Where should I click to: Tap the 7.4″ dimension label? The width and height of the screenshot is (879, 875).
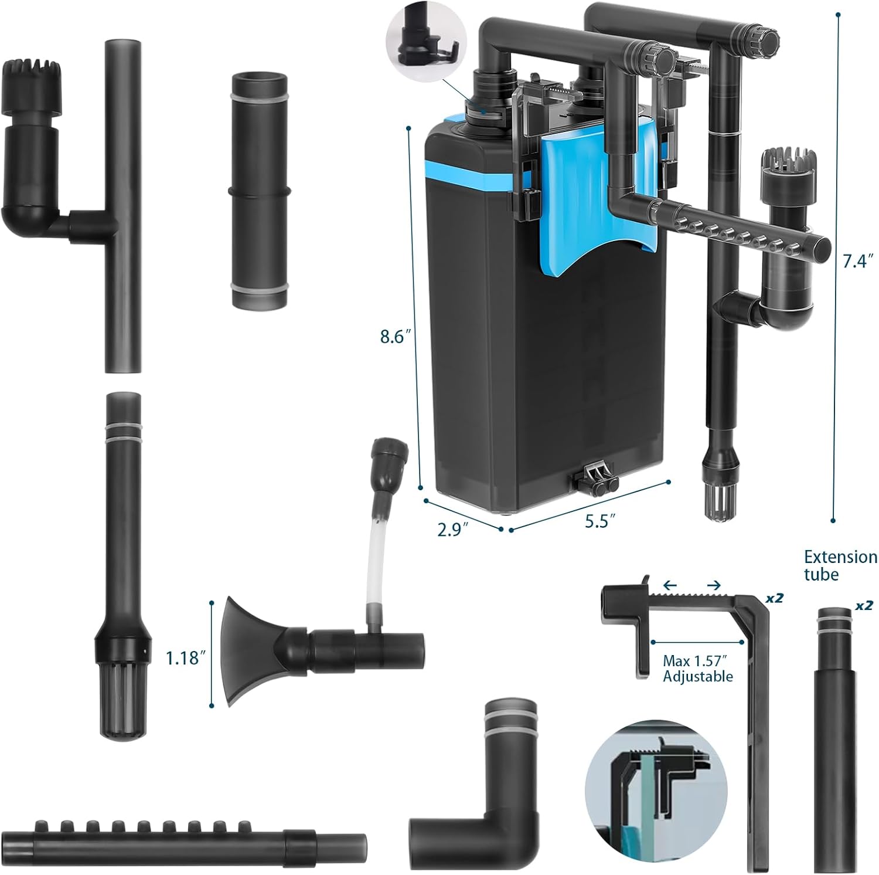coord(857,261)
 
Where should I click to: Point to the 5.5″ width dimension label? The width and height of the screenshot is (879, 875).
coord(600,521)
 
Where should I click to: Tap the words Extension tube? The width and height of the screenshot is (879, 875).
coord(840,565)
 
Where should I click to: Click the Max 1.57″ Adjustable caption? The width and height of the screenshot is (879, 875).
coord(697,669)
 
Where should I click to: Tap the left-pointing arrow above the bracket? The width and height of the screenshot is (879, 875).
coord(670,585)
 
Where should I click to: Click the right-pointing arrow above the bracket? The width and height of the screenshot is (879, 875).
coord(713,585)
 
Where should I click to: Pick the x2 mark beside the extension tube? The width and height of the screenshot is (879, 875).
coord(864,605)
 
